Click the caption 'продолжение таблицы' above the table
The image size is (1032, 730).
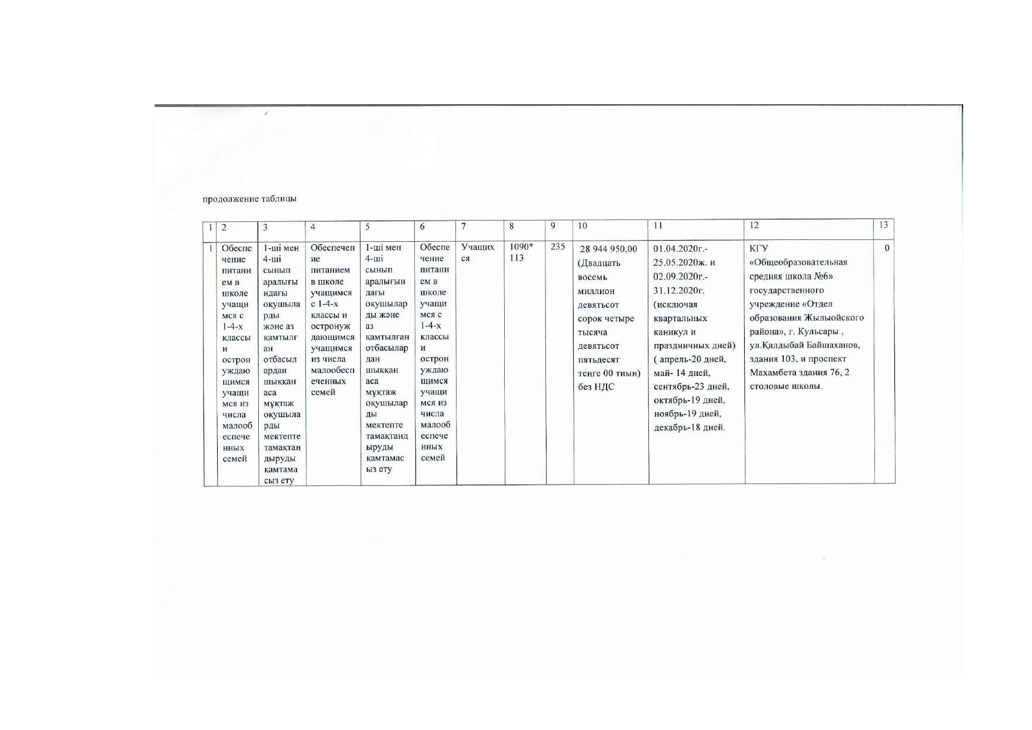click(249, 199)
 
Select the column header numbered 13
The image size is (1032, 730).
click(883, 225)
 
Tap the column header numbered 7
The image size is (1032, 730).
click(464, 226)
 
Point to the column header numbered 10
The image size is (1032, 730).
click(582, 225)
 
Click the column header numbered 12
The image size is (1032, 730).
click(754, 225)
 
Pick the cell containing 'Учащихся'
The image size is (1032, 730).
click(478, 252)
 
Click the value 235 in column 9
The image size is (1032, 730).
click(558, 247)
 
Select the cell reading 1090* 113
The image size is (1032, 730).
click(521, 252)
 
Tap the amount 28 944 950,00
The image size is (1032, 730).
click(608, 249)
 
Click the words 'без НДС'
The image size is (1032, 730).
click(596, 386)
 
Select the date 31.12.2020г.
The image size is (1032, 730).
click(679, 291)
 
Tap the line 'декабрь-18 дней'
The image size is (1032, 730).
click(690, 427)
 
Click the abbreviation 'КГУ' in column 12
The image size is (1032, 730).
click(759, 248)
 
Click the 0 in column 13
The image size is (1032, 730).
click(887, 248)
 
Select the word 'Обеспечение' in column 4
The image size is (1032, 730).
click(332, 253)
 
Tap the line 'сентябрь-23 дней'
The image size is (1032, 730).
click(691, 386)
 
